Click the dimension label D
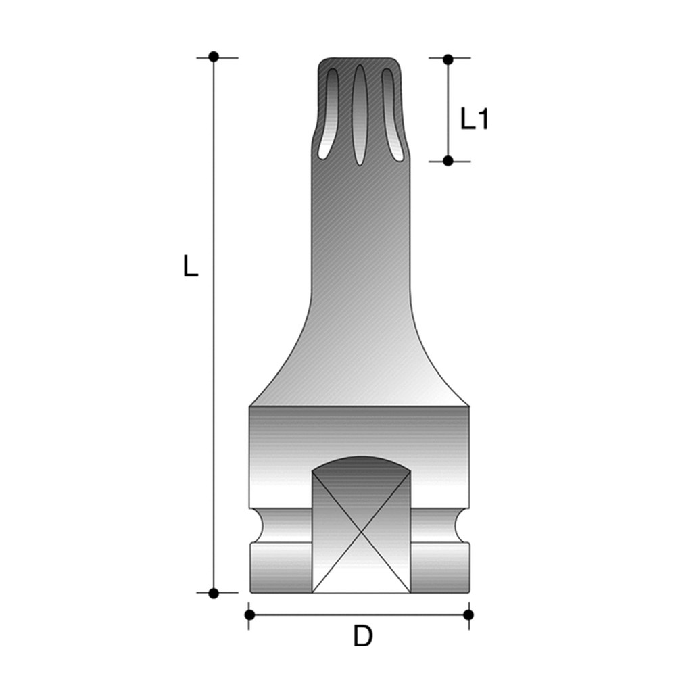pos(363,637)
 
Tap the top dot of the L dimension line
pos(214,56)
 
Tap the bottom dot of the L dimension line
pos(214,593)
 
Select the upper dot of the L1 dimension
pos(448,59)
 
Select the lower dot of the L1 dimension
pos(448,160)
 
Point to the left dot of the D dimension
pos(249,614)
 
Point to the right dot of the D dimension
pos(469,614)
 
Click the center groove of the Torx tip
pos(359,115)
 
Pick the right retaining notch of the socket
pos(467,525)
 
